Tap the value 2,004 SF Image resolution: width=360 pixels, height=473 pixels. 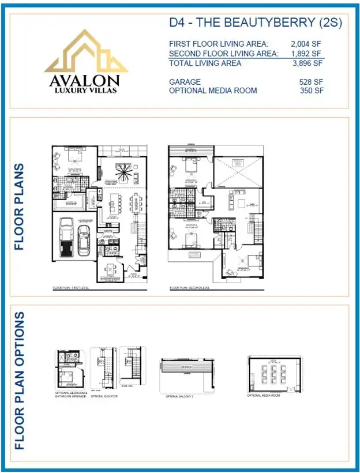306,44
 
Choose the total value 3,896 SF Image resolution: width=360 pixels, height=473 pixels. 306,63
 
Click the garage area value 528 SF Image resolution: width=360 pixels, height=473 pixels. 310,82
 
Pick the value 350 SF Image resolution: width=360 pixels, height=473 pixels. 310,91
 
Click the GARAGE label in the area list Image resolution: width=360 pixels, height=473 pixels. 185,82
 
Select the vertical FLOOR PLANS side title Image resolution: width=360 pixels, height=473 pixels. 20,207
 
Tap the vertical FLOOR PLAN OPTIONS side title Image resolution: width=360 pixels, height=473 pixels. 20,381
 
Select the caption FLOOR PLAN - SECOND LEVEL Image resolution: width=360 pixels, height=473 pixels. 190,287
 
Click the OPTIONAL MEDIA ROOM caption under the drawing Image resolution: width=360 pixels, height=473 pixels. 263,396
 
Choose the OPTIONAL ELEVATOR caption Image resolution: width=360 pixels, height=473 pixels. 104,396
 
